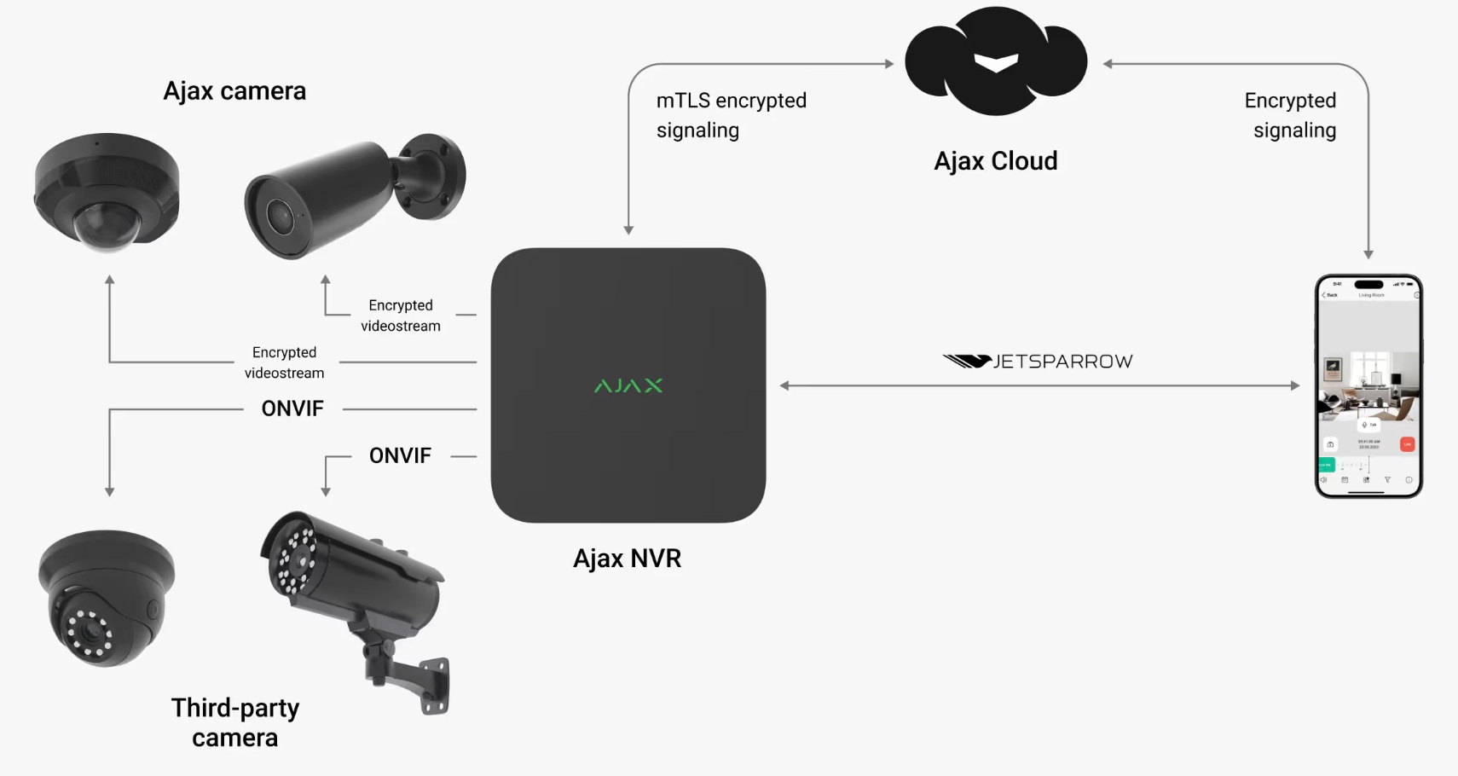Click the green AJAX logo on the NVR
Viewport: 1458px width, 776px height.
[628, 385]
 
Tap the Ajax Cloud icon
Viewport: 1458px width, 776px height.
[995, 61]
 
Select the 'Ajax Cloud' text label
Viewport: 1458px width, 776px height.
[995, 161]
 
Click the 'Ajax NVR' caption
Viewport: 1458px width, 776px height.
[628, 559]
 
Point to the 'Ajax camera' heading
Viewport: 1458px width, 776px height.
[234, 91]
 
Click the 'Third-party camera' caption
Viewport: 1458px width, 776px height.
[235, 722]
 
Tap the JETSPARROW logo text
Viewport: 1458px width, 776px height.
[1062, 362]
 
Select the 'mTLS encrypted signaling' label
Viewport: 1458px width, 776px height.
[731, 115]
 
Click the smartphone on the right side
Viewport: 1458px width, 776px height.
[1368, 385]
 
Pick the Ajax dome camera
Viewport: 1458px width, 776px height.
[107, 192]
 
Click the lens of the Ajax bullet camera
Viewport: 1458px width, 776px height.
[279, 217]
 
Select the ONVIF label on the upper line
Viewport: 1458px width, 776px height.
[292, 408]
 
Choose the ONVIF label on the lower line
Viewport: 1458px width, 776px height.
[400, 455]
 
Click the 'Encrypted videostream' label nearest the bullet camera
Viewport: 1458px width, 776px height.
[400, 316]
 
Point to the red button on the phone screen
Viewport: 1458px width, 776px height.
[1407, 444]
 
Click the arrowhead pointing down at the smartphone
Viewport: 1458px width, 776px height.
[1368, 254]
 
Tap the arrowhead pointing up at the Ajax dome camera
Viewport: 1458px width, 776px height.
[109, 280]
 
